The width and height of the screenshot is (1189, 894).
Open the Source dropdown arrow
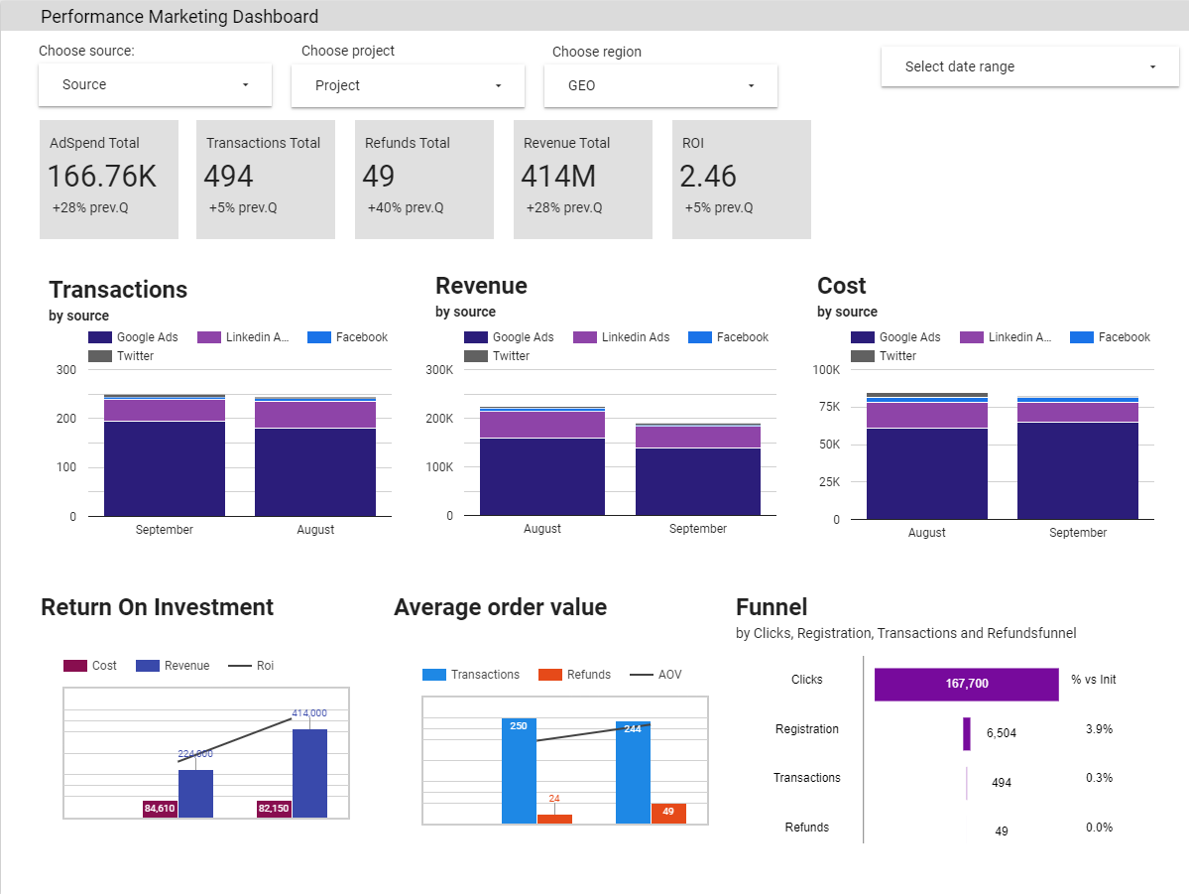pyautogui.click(x=245, y=85)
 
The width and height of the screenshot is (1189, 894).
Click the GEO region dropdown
pyautogui.click(x=660, y=86)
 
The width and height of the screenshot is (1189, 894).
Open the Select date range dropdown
pyautogui.click(x=1016, y=67)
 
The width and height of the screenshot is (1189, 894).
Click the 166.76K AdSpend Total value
pyautogui.click(x=102, y=177)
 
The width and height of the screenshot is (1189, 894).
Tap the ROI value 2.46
pyautogui.click(x=708, y=177)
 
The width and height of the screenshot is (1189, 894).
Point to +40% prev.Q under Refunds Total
pyautogui.click(x=405, y=208)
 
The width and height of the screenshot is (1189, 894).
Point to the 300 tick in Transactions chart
pyautogui.click(x=65, y=370)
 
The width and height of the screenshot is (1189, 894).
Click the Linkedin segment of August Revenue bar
pyautogui.click(x=541, y=425)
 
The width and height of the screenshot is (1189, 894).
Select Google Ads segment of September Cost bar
pyautogui.click(x=1077, y=470)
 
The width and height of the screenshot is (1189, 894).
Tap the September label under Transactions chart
pyautogui.click(x=165, y=530)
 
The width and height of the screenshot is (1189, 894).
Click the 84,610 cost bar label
pyautogui.click(x=160, y=809)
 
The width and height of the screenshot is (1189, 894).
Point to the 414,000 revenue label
pyautogui.click(x=308, y=713)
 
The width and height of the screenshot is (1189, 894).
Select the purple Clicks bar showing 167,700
pyautogui.click(x=966, y=684)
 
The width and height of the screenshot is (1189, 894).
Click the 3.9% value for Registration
pyautogui.click(x=1099, y=729)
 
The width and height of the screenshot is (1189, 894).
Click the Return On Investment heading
pyautogui.click(x=157, y=607)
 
